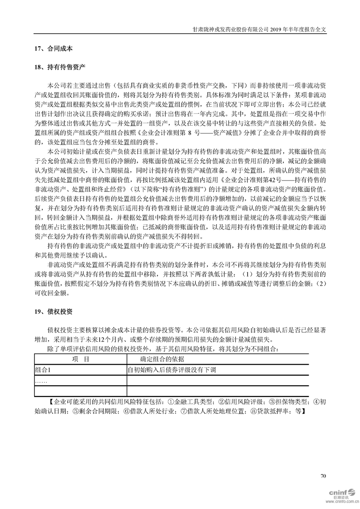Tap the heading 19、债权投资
coord(53,313)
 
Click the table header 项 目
coord(80,359)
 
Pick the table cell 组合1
coord(43,370)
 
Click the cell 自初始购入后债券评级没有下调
coord(172,370)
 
